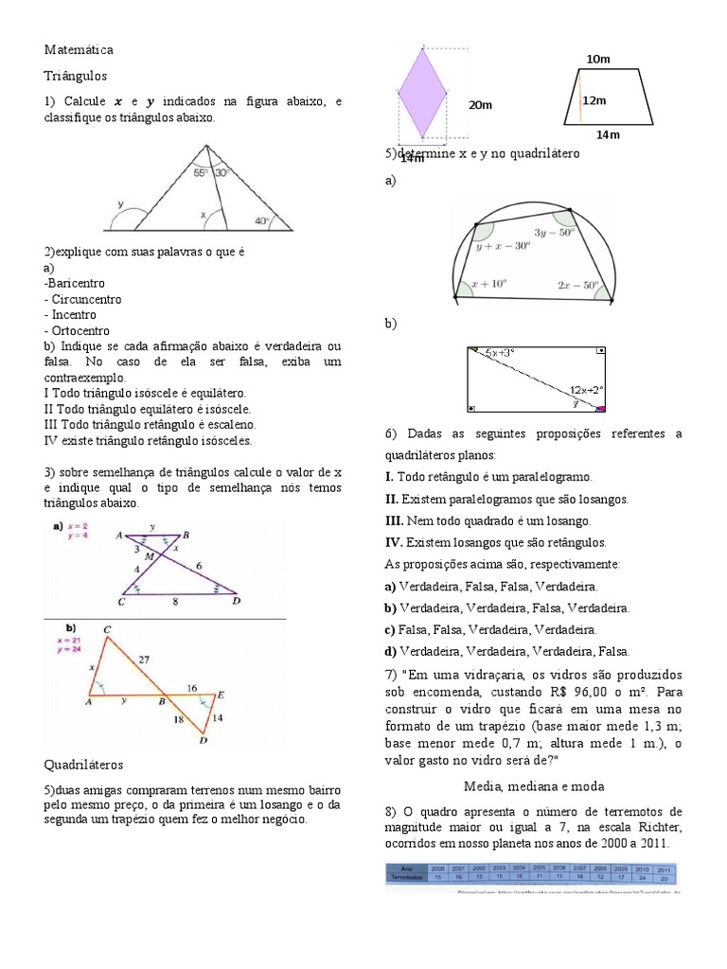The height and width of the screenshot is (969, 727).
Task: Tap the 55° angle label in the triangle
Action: pyautogui.click(x=201, y=173)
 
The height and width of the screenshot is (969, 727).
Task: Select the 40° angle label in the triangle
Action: pyautogui.click(x=261, y=220)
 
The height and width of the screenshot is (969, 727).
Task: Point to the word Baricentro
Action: pyautogui.click(x=76, y=283)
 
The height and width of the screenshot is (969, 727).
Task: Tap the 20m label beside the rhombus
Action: pyautogui.click(x=481, y=105)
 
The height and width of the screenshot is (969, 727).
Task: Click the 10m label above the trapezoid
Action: pyautogui.click(x=598, y=60)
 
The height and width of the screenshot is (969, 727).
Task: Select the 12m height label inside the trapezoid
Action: pyautogui.click(x=594, y=100)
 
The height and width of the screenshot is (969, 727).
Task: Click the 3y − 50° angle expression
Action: pyautogui.click(x=554, y=232)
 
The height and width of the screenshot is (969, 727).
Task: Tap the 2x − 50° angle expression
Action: pyautogui.click(x=578, y=284)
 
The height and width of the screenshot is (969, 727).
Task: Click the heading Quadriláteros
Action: pyautogui.click(x=83, y=764)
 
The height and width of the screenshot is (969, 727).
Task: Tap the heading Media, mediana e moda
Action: pyautogui.click(x=533, y=785)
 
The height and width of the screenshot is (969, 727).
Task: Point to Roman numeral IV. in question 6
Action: pyautogui.click(x=394, y=542)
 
